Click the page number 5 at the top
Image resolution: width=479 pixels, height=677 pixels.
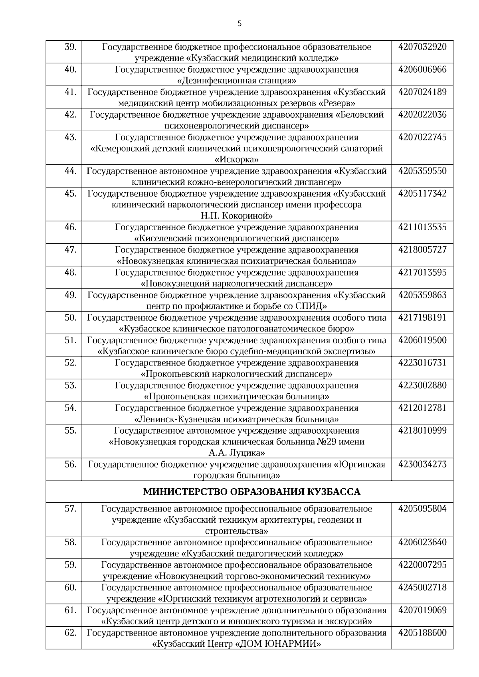coord(239,24)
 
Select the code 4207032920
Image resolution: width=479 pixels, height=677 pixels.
coord(422,47)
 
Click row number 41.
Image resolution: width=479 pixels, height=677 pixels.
coord(70,92)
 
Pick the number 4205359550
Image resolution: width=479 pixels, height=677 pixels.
coord(422,171)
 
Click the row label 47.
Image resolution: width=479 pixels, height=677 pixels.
coord(70,250)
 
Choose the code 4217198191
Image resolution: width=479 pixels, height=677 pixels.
coord(422,318)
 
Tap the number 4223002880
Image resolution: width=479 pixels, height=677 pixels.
coord(422,385)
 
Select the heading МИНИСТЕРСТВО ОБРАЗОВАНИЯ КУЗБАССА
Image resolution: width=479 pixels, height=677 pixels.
coord(251,491)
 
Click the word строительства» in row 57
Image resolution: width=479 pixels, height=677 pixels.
coord(236,531)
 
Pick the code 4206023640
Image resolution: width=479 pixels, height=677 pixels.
coord(422,543)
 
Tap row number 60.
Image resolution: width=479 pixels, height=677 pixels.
coord(70,588)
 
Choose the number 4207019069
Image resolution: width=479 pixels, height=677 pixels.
coord(422,610)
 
